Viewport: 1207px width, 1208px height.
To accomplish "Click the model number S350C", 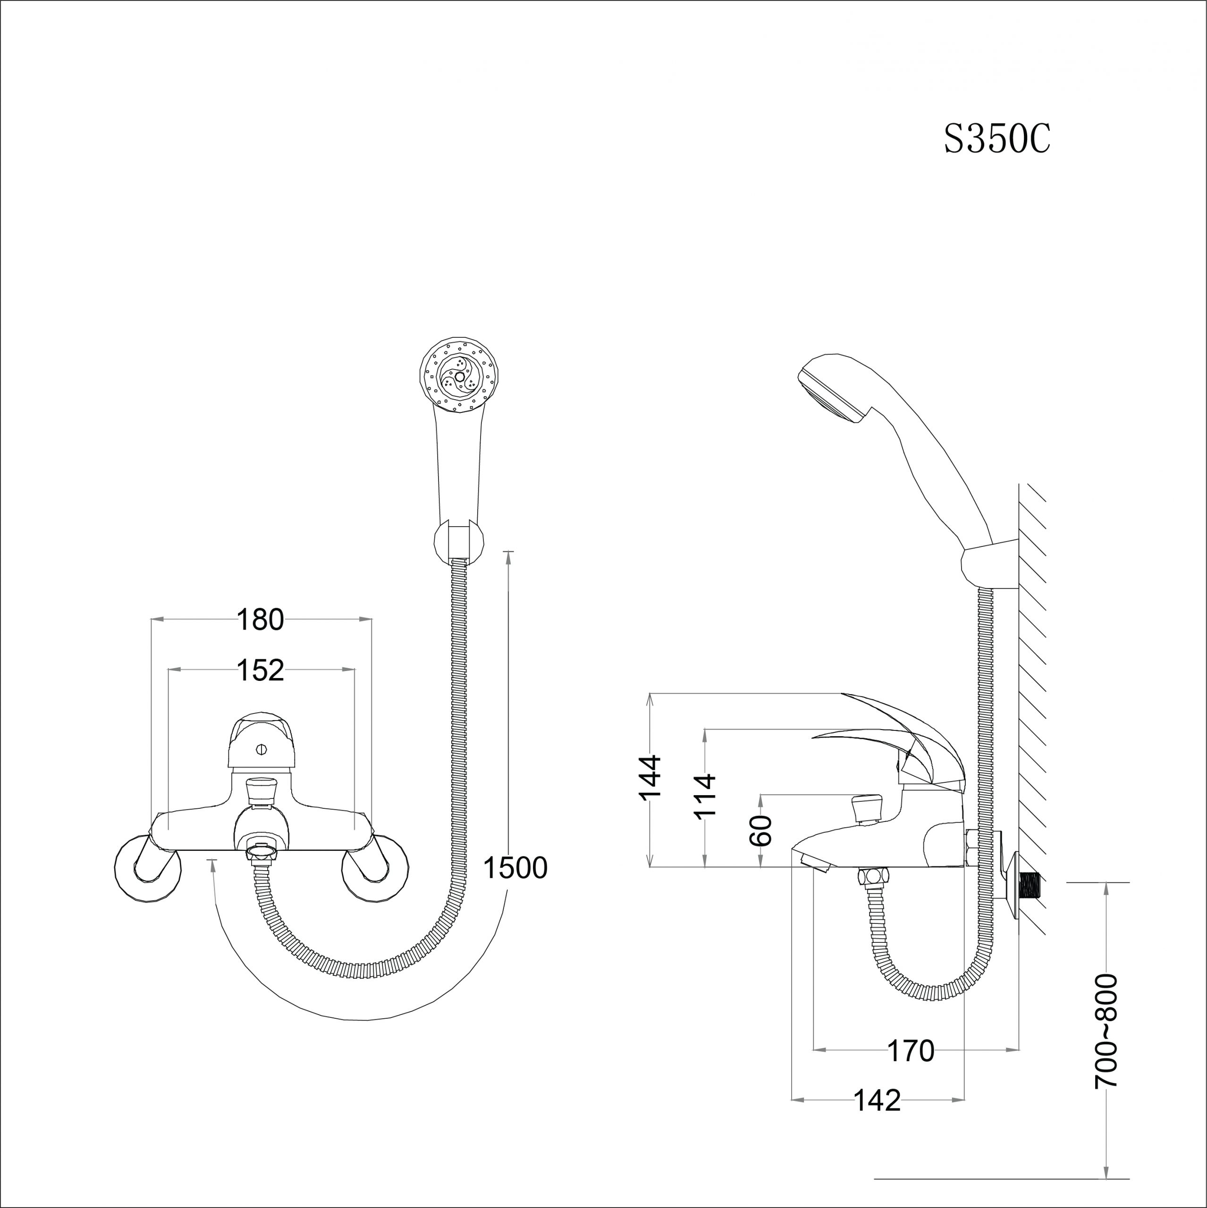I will point(997,139).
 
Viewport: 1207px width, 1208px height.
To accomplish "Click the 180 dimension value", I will point(260,620).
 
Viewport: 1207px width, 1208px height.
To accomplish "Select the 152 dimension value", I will point(260,670).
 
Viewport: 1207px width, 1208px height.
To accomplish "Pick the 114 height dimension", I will point(705,795).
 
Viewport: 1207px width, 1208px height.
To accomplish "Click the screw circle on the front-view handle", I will point(262,749).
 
